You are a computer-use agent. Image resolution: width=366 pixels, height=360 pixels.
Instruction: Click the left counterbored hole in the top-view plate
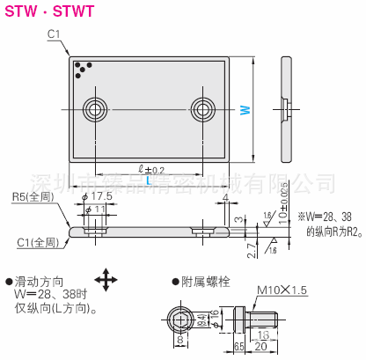coord(94,110)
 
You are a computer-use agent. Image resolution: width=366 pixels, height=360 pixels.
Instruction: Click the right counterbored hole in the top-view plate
coord(203,110)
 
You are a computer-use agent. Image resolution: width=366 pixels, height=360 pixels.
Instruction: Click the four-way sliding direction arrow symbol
coord(105,282)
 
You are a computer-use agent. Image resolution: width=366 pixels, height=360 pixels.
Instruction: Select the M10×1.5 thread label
coord(281,289)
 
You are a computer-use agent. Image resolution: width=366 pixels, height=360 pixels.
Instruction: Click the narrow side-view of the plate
coord(288,106)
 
